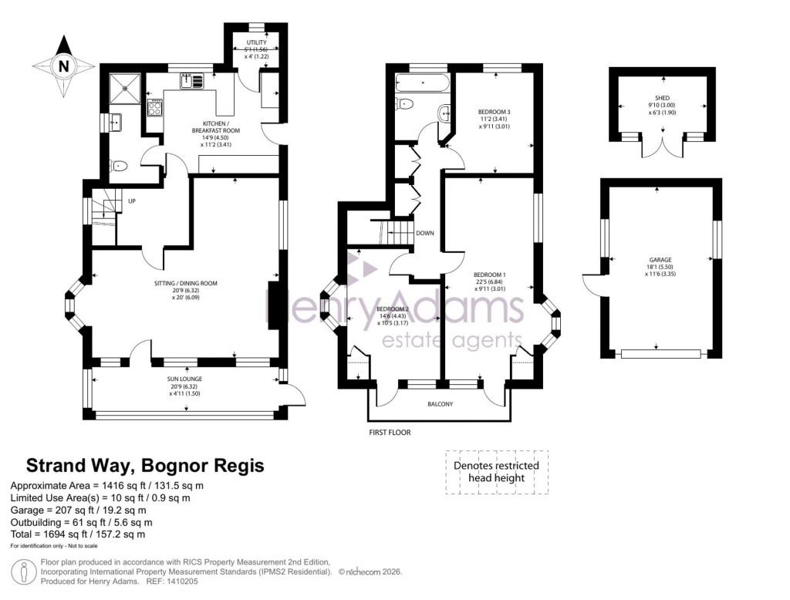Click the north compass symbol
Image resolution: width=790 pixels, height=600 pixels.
pos(64,66)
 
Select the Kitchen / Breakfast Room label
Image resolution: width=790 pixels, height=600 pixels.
pos(201,134)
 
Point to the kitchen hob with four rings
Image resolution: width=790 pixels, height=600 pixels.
pos(154,108)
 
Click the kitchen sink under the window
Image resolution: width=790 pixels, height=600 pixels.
pos(192,80)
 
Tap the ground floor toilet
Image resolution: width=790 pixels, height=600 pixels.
pos(119,165)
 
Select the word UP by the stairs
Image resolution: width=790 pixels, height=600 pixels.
pos(132,201)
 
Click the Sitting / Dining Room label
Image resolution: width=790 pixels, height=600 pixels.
pos(186,288)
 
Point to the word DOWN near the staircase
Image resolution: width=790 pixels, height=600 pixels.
pos(424,233)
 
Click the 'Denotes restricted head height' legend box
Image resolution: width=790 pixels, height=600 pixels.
pos(496,472)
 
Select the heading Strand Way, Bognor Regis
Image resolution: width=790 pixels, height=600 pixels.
pos(145,466)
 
